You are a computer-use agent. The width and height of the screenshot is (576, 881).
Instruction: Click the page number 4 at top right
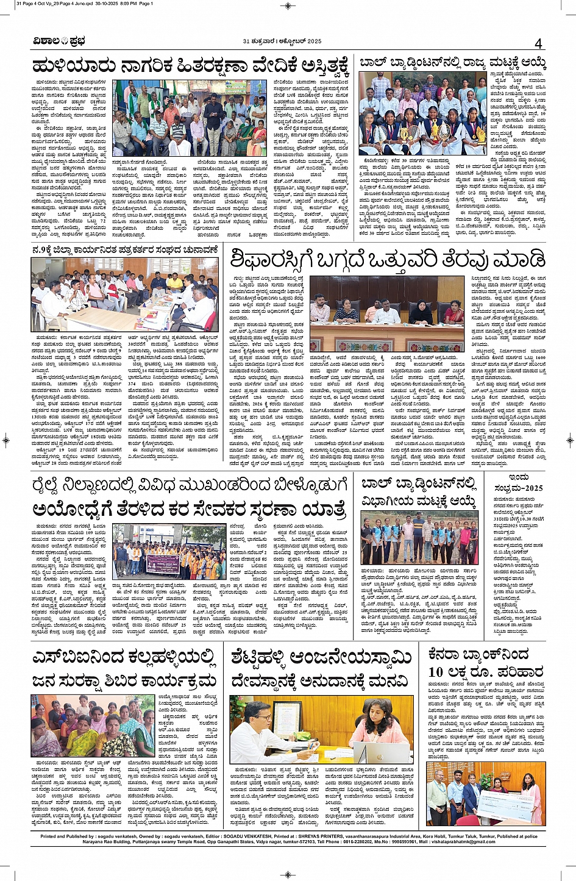tap(538, 43)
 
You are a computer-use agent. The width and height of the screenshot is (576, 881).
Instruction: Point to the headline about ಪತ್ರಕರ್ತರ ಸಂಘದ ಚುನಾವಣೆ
tap(126, 249)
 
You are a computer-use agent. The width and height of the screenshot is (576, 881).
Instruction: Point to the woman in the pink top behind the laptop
tap(386, 722)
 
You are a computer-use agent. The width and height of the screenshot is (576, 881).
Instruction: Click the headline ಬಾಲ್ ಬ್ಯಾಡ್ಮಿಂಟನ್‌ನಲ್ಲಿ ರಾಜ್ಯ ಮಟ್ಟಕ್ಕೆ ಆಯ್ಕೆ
tap(452, 63)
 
